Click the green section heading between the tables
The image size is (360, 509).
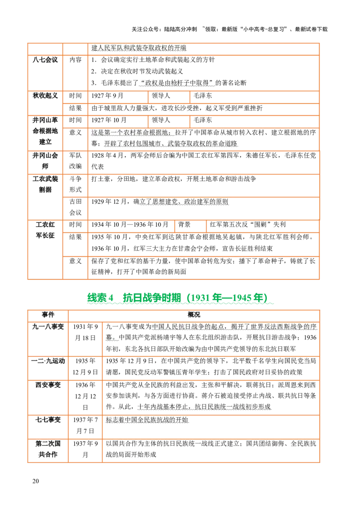click(x=180, y=298)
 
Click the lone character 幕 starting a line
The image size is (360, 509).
click(x=108, y=337)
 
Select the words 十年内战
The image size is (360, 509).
click(x=151, y=406)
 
